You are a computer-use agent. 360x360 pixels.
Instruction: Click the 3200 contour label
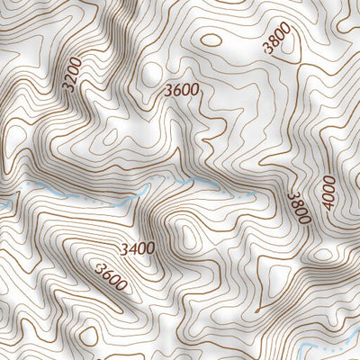click(72, 76)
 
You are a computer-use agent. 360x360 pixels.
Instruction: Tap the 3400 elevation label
click(136, 247)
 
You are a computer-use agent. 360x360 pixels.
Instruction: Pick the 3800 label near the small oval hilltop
click(278, 40)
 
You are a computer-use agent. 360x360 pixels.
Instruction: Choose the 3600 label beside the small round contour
click(182, 90)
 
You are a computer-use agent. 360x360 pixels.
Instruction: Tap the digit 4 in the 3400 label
click(131, 247)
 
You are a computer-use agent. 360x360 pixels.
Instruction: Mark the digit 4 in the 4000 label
click(329, 206)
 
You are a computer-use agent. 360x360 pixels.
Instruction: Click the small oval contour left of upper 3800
click(211, 40)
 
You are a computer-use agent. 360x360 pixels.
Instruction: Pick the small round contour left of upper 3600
click(149, 72)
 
